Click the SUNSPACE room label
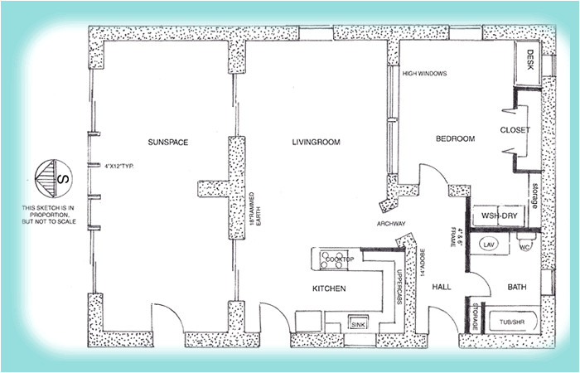(x=168, y=143)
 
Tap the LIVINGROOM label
(x=317, y=143)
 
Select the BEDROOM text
(x=455, y=139)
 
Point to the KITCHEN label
(x=328, y=288)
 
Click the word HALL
(x=441, y=287)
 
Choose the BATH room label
(x=517, y=287)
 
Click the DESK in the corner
(x=530, y=60)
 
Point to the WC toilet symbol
(x=524, y=246)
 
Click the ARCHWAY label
(x=390, y=223)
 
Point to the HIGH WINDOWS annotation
(x=424, y=74)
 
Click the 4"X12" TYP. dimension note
(x=119, y=166)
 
